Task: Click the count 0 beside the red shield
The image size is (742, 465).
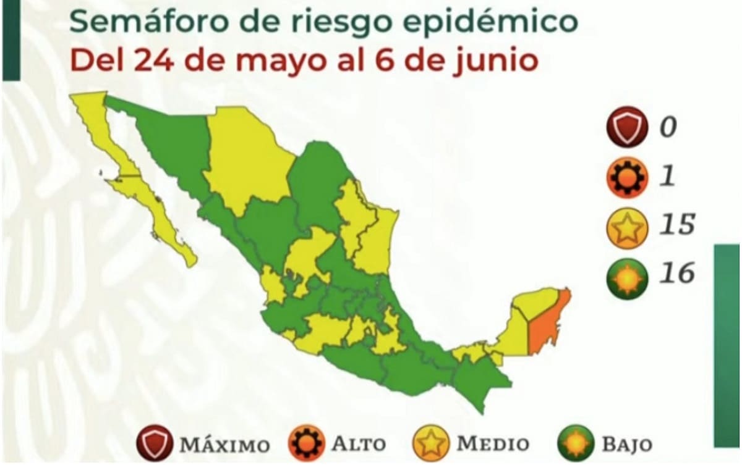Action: point(668,127)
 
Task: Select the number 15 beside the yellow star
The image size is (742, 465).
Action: point(676,225)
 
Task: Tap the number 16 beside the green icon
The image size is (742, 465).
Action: point(676,272)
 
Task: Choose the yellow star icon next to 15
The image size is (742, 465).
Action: point(627,226)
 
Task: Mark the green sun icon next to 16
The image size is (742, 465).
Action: point(627,275)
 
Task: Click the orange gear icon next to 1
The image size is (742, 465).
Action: point(627,178)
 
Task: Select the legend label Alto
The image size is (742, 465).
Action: point(359,443)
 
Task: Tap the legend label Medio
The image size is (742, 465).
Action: point(492,443)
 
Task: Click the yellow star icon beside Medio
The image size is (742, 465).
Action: point(429,442)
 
